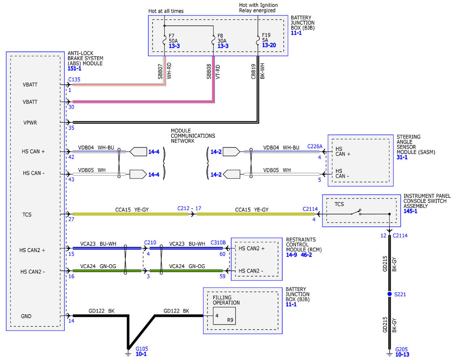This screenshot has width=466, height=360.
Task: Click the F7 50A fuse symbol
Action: pyautogui.click(x=165, y=40)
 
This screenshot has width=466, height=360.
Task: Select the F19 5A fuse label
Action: pyautogui.click(x=266, y=38)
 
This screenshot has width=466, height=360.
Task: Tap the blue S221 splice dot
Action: pyautogui.click(x=389, y=294)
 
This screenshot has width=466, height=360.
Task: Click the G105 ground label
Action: pyautogui.click(x=142, y=349)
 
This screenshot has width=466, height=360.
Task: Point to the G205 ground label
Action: pyautogui.click(x=401, y=349)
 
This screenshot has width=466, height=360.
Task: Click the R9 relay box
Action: pyautogui.click(x=224, y=316)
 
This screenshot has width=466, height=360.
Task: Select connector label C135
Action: pyautogui.click(x=74, y=80)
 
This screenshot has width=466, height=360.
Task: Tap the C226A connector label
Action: pyautogui.click(x=315, y=146)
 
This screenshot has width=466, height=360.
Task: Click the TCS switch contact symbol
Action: pyautogui.click(x=356, y=212)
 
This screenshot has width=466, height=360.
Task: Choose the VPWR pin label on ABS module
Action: pyautogui.click(x=30, y=123)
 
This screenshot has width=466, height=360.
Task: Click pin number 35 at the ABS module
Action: pyautogui.click(x=71, y=128)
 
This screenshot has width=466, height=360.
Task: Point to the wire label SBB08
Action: pyautogui.click(x=209, y=71)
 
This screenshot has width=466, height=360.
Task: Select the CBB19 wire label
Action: pyautogui.click(x=253, y=71)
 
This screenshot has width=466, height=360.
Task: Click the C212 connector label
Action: pyautogui.click(x=183, y=208)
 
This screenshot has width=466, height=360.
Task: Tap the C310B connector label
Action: pyautogui.click(x=218, y=242)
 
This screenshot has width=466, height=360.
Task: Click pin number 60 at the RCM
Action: pyautogui.click(x=223, y=254)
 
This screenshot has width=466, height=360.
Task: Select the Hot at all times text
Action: pyautogui.click(x=166, y=11)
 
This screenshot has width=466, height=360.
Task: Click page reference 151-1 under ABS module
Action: pyautogui.click(x=75, y=68)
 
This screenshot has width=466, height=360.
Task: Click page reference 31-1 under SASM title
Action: pyautogui.click(x=402, y=157)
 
